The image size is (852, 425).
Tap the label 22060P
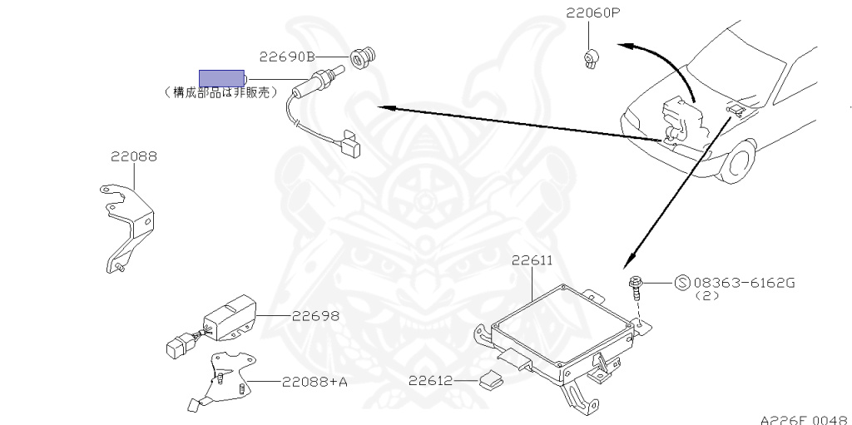(593, 13)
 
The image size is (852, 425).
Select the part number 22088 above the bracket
(134, 156)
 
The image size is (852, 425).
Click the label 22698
(315, 316)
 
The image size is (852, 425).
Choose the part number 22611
(532, 260)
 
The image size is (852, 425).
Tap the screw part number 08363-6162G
(744, 283)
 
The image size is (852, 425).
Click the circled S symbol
(681, 283)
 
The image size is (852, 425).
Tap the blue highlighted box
(220, 78)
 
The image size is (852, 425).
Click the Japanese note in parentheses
(220, 93)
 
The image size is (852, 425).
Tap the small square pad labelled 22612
(489, 381)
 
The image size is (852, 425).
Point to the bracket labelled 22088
(126, 225)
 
